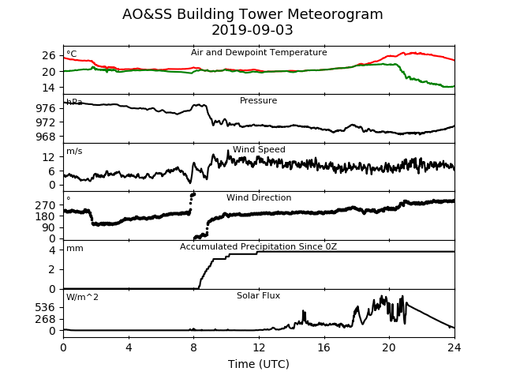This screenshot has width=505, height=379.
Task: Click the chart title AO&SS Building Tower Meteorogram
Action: [252, 14]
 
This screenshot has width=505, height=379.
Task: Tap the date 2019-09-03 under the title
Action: [252, 30]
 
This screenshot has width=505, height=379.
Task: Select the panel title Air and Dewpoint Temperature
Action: [259, 53]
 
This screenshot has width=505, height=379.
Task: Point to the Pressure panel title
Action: [258, 100]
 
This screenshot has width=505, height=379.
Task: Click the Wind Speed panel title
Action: [259, 149]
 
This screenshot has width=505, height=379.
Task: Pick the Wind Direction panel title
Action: [259, 197]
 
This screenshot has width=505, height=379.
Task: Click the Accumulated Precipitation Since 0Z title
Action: [258, 246]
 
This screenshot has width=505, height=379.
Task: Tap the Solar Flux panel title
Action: [258, 295]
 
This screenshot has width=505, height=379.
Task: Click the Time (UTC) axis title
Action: [259, 364]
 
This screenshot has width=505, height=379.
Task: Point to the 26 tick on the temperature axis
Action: [49, 55]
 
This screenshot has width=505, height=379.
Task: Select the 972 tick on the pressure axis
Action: [46, 122]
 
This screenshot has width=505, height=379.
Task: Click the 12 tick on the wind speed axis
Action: [49, 157]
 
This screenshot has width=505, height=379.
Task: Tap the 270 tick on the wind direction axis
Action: [46, 205]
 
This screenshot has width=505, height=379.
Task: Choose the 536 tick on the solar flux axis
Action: [46, 307]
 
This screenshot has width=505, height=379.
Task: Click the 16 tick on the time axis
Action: [324, 347]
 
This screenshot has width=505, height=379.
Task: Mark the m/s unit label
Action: [74, 151]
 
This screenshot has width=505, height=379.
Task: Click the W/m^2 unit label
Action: [82, 297]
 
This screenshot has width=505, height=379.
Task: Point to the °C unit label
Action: [72, 54]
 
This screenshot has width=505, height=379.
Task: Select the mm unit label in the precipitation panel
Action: [75, 249]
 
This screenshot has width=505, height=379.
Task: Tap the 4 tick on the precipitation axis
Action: [52, 250]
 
